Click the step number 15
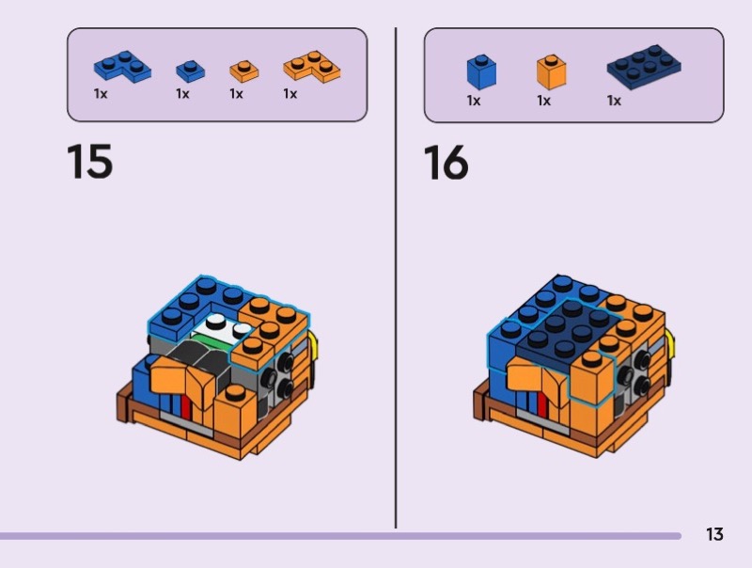tap(89, 161)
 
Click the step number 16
tap(446, 163)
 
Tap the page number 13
tap(714, 534)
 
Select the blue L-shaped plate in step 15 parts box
tap(122, 66)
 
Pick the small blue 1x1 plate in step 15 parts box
tap(191, 71)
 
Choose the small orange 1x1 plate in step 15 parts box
tap(244, 71)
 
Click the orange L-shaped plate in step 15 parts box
tap(312, 66)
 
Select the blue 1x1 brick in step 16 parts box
tap(481, 72)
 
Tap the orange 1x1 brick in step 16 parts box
tap(552, 72)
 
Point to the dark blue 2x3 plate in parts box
tap(644, 67)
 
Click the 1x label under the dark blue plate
tap(614, 101)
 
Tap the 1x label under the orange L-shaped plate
tap(290, 93)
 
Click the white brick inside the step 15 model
tap(222, 328)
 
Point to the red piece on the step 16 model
tap(542, 403)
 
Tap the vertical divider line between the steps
tap(396, 277)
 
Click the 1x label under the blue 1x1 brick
tap(474, 101)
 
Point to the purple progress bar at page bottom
tap(340, 536)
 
